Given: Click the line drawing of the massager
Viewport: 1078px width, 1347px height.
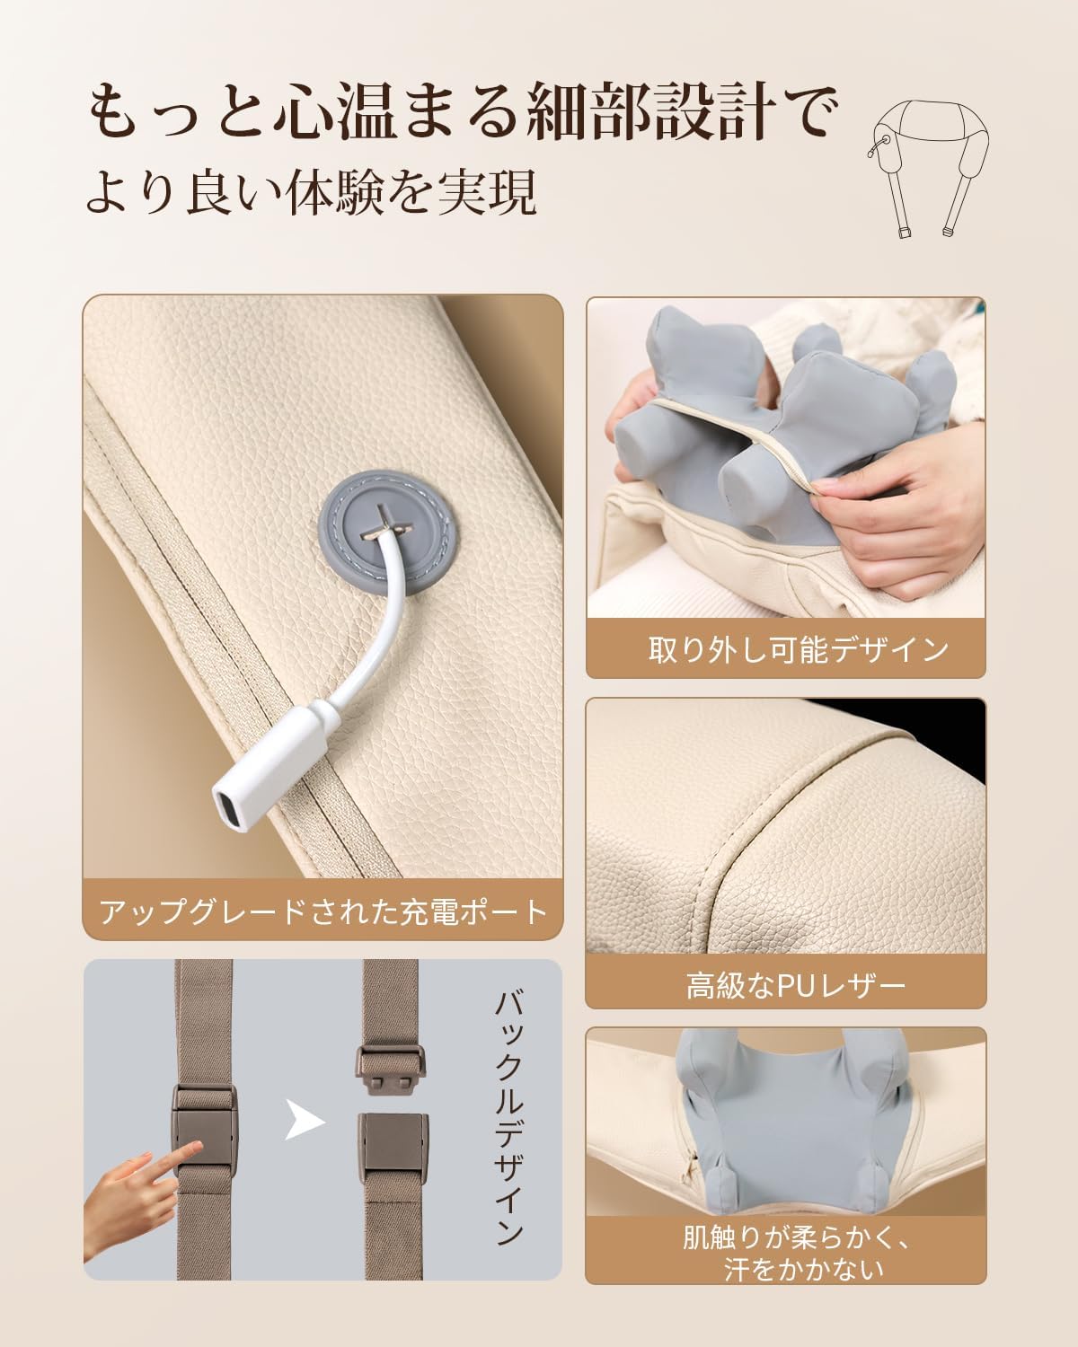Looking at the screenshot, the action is tap(928, 166).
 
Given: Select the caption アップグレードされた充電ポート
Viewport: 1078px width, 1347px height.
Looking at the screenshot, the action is tap(323, 912).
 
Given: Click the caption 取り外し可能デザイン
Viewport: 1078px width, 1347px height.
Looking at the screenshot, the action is tap(798, 649).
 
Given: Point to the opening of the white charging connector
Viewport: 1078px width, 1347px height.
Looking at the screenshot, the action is tap(225, 810).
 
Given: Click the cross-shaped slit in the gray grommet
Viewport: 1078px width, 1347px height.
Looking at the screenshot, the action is tap(384, 524).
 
